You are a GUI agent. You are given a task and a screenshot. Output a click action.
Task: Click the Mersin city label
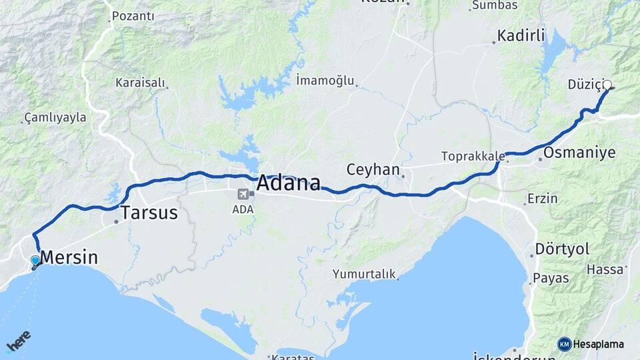click(69, 257)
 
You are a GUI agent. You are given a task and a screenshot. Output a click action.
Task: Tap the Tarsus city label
click(149, 213)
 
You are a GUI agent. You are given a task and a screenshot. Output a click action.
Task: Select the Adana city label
click(288, 183)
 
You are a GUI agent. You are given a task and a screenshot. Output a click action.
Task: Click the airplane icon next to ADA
click(242, 195)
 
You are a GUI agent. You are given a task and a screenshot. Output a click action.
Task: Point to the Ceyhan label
click(373, 169)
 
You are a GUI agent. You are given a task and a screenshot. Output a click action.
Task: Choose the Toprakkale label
click(472, 157)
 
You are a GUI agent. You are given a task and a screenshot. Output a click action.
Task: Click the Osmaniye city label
click(579, 153)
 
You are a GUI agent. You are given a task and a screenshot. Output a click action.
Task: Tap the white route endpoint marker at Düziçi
click(607, 85)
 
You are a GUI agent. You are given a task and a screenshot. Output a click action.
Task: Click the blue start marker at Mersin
click(35, 261)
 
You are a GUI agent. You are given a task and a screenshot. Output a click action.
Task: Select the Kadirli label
click(521, 35)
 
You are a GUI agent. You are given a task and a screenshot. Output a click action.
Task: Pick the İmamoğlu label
click(325, 81)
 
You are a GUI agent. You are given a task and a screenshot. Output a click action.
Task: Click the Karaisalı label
click(139, 83)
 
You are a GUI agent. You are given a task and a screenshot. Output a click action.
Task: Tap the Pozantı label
click(133, 16)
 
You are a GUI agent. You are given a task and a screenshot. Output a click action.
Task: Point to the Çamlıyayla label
click(55, 117)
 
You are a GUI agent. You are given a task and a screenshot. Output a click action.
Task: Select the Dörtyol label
click(563, 249)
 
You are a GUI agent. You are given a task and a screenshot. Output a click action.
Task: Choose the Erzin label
click(542, 199)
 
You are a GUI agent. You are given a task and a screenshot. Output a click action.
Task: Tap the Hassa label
click(605, 269)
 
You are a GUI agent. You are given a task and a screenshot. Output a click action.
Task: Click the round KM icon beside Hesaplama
click(565, 344)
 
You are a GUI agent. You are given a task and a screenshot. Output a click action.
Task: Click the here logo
click(18, 341)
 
